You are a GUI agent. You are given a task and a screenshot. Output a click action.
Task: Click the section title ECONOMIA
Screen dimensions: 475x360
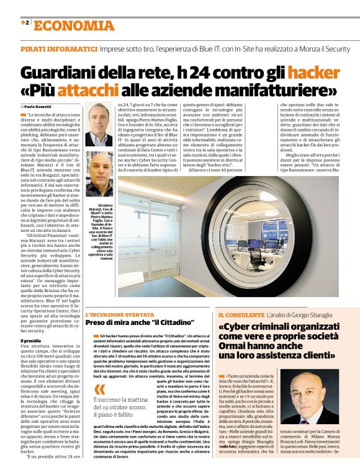click(x=74, y=25)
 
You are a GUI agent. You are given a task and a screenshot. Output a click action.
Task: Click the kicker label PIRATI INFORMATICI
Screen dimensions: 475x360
click(x=58, y=48)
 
